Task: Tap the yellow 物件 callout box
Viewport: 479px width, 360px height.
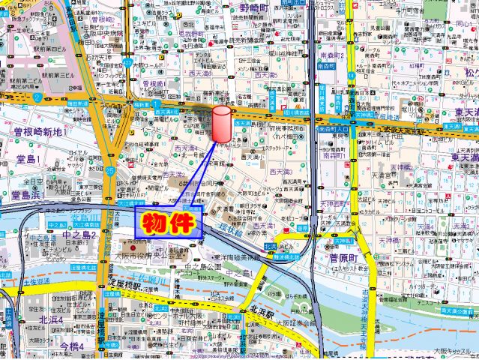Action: point(169,223)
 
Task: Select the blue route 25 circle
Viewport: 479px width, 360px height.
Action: point(110,170)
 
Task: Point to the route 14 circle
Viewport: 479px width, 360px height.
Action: point(352,76)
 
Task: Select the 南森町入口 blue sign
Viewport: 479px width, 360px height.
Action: point(332,129)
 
